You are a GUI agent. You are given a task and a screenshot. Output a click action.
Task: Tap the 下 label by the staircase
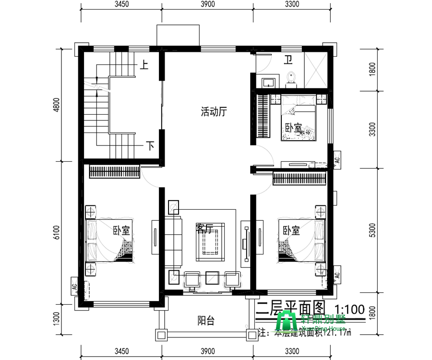point(150,145)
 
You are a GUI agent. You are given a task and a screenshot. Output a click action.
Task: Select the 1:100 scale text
point(349,309)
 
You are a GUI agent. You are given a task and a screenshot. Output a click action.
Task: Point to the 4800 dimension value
point(56,105)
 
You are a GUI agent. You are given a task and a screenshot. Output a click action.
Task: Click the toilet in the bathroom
point(291,79)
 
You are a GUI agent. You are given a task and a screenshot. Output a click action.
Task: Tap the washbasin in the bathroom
point(267,81)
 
